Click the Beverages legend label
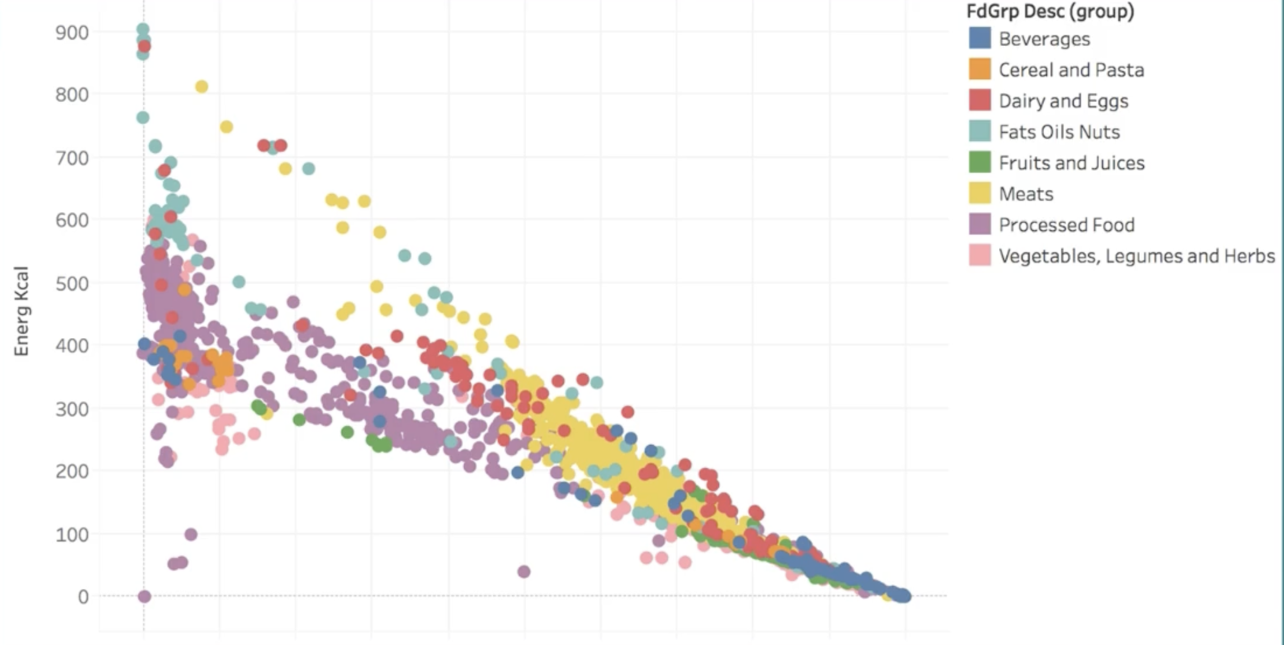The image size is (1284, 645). (x=1044, y=39)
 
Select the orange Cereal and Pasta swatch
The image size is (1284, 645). (x=979, y=69)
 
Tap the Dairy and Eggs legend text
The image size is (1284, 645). (x=1063, y=101)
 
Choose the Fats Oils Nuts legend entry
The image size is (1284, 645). (x=1059, y=132)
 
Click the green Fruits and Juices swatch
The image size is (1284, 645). (x=979, y=162)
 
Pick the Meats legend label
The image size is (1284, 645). (x=1026, y=194)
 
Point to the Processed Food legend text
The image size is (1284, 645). (x=1067, y=225)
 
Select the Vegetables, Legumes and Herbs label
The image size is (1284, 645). (x=1136, y=256)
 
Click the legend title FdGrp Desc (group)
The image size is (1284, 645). (x=1050, y=11)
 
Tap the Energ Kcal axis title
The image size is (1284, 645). (x=21, y=311)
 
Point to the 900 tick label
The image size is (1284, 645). (x=72, y=33)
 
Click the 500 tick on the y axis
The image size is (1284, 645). (x=72, y=283)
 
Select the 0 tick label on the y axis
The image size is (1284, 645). (x=83, y=597)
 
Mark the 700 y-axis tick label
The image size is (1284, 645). (x=72, y=159)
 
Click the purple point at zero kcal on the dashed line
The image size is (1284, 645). (x=144, y=596)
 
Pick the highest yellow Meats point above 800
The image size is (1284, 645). (x=201, y=87)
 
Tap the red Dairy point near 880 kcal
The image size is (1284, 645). (x=144, y=46)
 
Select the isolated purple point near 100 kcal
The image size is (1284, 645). (x=191, y=534)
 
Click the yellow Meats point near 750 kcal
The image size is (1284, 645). (x=226, y=127)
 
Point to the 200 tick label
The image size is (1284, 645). (x=72, y=471)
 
